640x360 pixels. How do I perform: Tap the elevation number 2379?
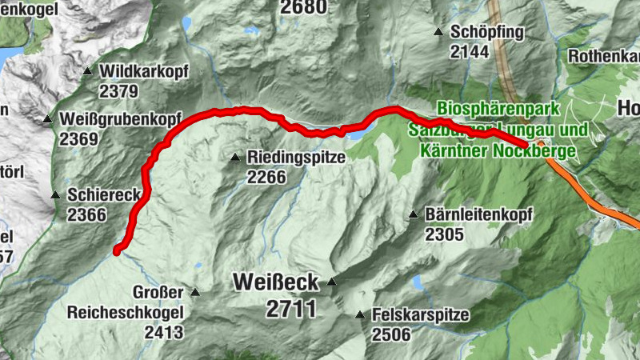(x=119, y=91)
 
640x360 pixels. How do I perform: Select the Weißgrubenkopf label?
(x=119, y=120)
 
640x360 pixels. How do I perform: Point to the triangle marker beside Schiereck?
(x=55, y=195)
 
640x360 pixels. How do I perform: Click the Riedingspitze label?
(x=296, y=158)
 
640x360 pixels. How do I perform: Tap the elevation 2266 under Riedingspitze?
(x=266, y=177)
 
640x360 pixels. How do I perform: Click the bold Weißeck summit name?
(x=275, y=282)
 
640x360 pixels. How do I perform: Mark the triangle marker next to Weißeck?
(x=332, y=282)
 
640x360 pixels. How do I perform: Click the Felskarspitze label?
(x=420, y=315)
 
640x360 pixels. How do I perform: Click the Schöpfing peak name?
(x=486, y=32)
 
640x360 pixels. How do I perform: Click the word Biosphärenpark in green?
(x=489, y=108)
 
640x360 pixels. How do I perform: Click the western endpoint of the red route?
(x=117, y=251)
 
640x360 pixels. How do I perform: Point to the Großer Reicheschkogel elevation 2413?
(x=164, y=332)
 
